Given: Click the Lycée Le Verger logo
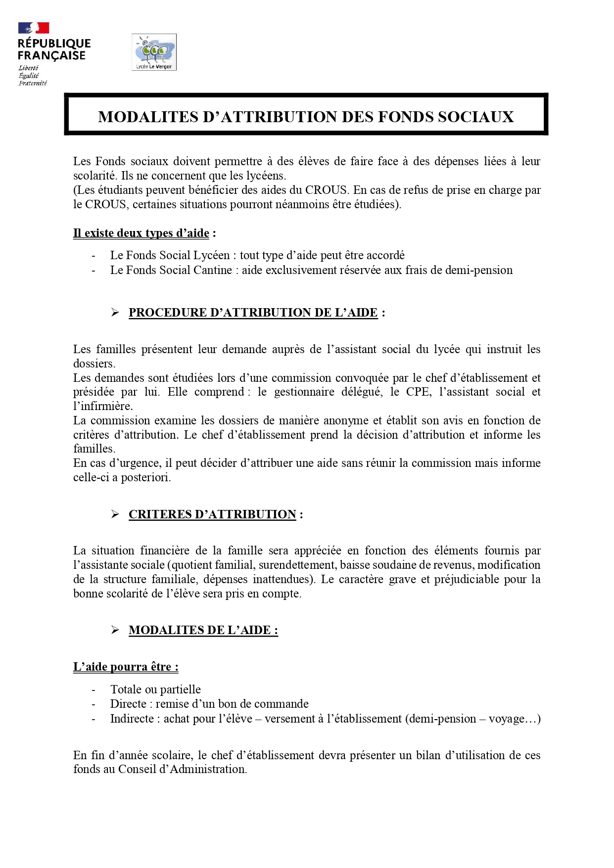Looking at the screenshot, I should [154, 52].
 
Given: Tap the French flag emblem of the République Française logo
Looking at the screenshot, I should [34, 28].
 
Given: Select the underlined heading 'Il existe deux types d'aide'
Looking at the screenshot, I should [141, 233].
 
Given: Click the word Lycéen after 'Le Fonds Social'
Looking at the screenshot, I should [211, 255].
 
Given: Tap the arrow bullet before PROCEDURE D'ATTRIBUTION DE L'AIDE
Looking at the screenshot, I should [115, 313].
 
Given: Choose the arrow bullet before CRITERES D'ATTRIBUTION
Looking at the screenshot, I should [115, 514].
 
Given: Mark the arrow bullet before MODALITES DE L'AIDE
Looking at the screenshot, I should [115, 630].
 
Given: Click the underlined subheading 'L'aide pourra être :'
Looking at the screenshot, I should [126, 667].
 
